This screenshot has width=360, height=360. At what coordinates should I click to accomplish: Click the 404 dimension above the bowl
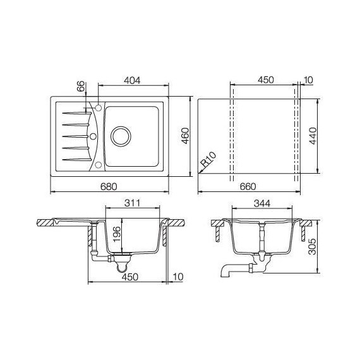(131, 80)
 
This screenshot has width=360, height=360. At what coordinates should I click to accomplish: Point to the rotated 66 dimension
(80, 87)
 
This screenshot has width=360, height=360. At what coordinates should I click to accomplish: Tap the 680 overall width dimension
(109, 186)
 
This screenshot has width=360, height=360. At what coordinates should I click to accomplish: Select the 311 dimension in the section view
(133, 204)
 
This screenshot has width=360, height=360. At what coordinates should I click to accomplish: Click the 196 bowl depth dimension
(116, 233)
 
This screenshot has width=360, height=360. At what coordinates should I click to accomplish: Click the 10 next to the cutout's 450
(308, 80)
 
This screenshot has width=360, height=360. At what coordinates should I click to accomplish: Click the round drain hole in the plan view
(120, 135)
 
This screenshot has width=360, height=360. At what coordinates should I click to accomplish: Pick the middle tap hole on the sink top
(93, 135)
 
